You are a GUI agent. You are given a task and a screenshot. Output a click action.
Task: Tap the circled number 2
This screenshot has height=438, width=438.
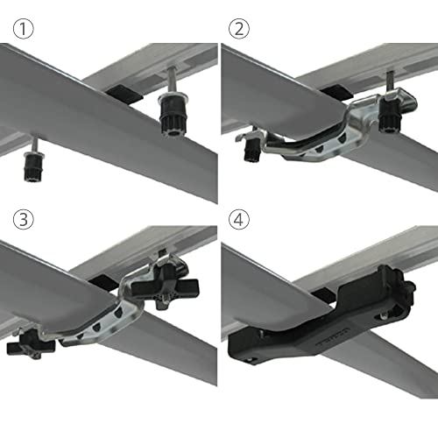239,29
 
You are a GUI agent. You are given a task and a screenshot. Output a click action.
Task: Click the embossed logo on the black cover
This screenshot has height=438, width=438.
329,350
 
